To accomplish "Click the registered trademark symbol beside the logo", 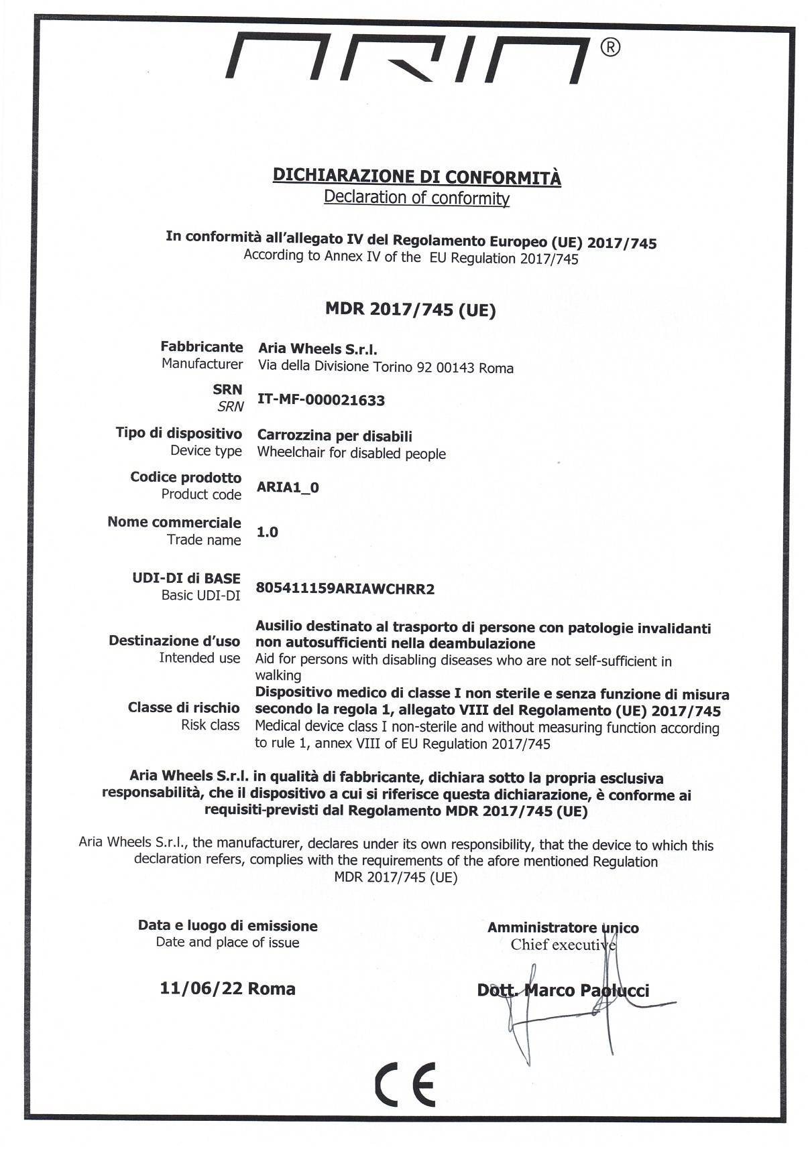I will (x=610, y=47).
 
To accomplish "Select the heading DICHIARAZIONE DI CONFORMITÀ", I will (x=416, y=176).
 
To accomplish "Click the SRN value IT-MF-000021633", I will (x=321, y=401).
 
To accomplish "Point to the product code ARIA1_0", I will (x=288, y=487).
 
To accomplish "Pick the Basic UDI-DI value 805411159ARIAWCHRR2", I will (x=345, y=589).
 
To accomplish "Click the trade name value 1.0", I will (x=268, y=532).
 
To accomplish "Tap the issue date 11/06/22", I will (x=200, y=988).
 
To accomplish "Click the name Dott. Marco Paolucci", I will (x=563, y=990).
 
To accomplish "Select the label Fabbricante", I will (x=201, y=347).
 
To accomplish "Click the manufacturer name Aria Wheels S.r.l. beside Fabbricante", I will (x=317, y=349).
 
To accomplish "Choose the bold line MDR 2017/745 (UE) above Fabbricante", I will (x=410, y=310).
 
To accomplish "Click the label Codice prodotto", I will (x=186, y=478).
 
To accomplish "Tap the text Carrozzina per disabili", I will (x=335, y=436).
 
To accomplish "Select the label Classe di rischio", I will (x=184, y=707).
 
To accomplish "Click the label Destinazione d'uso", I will (x=174, y=641).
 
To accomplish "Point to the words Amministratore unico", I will (x=563, y=928).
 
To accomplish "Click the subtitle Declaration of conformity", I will (x=416, y=198).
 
